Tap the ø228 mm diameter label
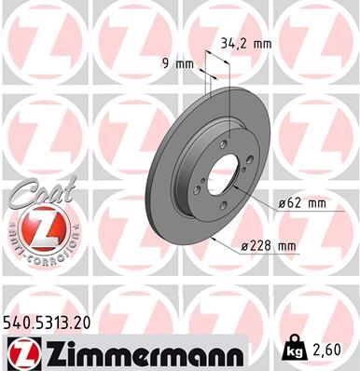[269, 245]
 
